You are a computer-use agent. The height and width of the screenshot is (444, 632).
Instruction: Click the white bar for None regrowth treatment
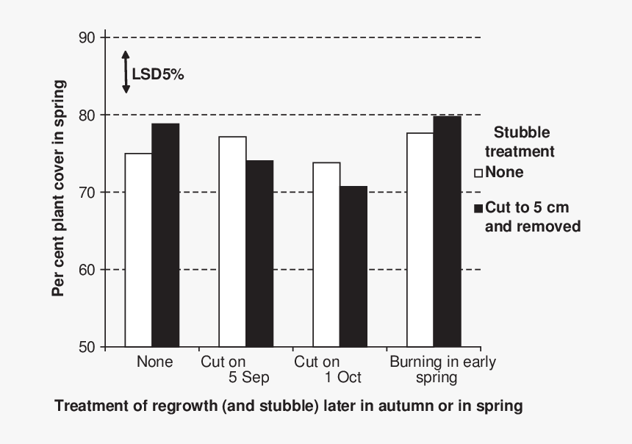[138, 250]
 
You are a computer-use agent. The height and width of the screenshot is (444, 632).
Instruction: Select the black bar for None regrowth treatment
[165, 235]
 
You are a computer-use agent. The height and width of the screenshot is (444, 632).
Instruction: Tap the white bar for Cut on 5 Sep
[232, 242]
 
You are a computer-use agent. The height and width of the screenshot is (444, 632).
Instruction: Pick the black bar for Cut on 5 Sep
[259, 254]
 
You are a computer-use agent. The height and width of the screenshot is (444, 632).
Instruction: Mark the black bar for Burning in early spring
[448, 232]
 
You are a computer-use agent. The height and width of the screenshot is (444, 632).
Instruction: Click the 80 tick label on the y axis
[87, 115]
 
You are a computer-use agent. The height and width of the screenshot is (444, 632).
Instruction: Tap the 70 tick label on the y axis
[87, 193]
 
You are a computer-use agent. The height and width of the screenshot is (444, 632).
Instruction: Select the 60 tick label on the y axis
[87, 270]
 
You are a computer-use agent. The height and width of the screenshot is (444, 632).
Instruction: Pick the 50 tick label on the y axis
[87, 347]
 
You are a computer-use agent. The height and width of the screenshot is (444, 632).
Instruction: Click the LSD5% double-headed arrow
[126, 72]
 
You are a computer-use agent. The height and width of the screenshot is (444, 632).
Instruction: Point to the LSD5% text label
[158, 74]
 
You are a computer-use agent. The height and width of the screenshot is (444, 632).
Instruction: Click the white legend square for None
[478, 173]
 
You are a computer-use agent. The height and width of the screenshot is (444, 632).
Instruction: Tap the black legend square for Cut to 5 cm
[478, 209]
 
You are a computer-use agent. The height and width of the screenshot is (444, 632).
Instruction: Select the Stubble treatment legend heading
[521, 143]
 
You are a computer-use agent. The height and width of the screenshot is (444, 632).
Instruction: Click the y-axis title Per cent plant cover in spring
[59, 188]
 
